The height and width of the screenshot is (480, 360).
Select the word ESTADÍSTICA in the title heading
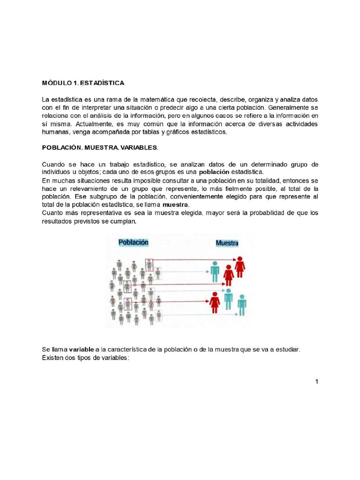(102, 83)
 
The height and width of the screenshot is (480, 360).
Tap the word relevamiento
(82, 188)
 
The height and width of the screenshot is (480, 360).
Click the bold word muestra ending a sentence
(176, 205)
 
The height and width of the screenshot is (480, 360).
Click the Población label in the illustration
(133, 242)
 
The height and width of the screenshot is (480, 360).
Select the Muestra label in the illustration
(227, 243)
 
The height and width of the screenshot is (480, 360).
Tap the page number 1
(316, 382)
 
